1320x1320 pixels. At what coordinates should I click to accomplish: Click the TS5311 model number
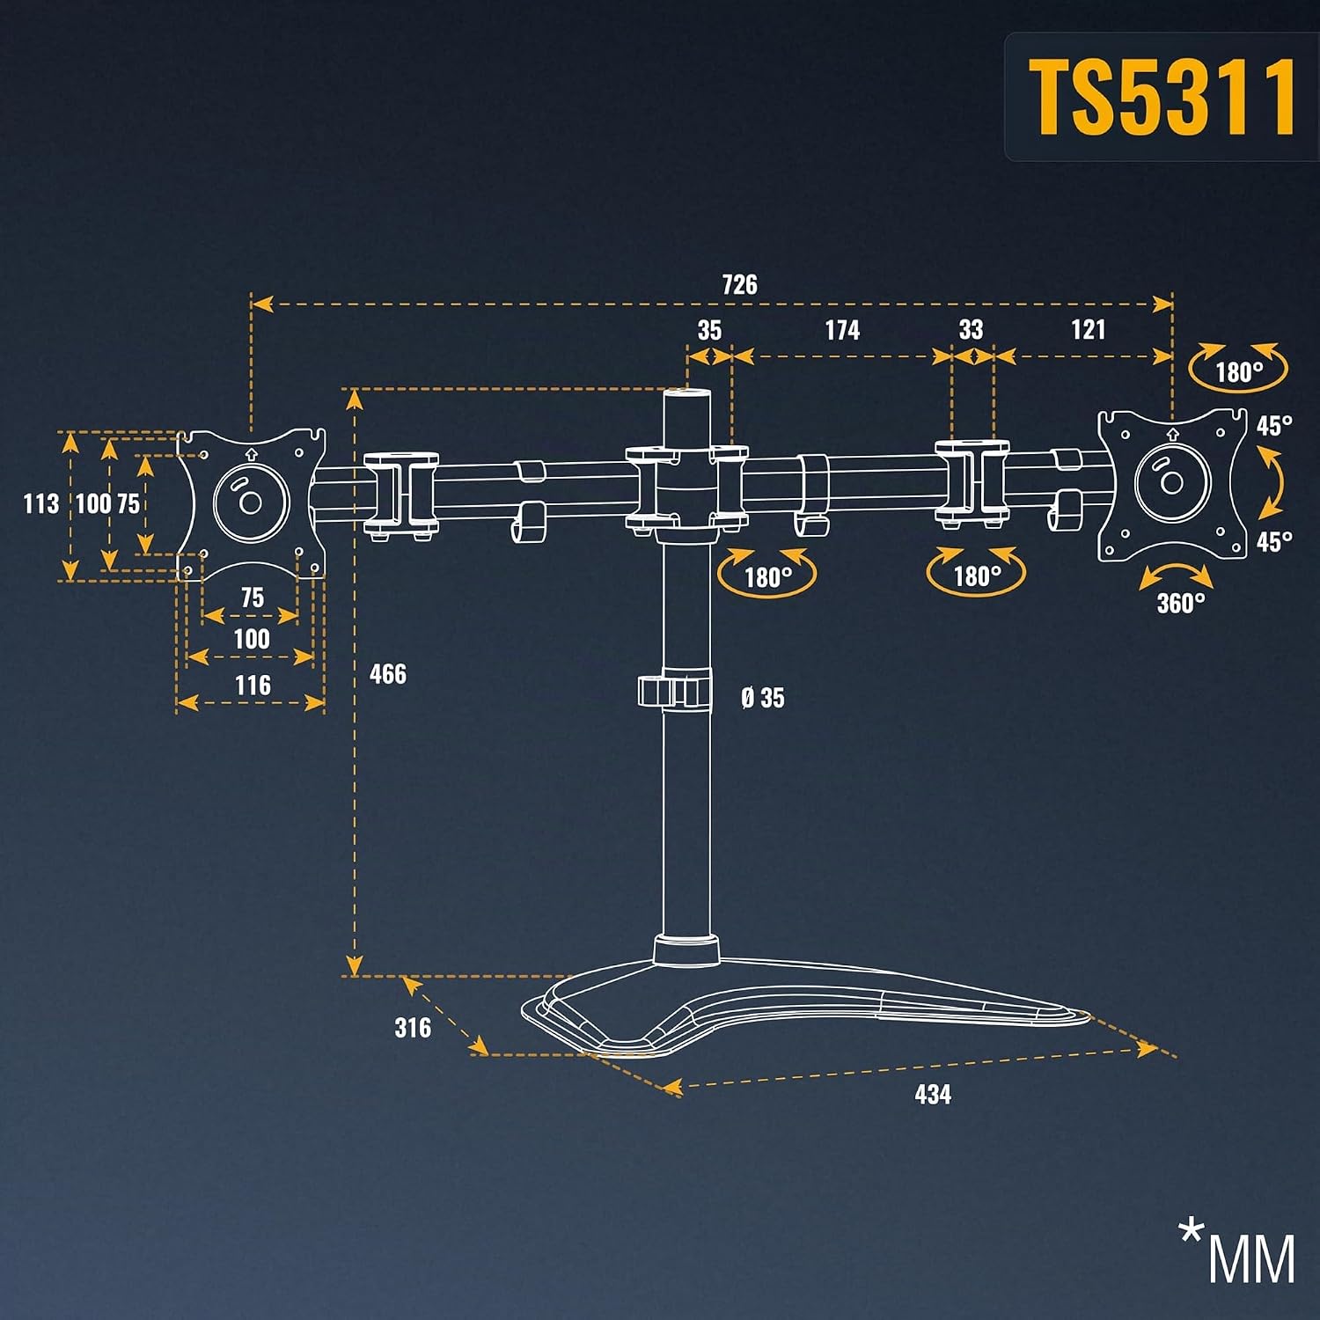(x=1162, y=98)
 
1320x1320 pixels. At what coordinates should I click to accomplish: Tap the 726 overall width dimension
(x=739, y=285)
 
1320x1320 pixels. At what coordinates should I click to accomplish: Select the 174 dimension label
(x=842, y=330)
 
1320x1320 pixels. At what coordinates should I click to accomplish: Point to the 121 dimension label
(x=1089, y=330)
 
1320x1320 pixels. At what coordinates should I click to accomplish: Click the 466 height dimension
(x=388, y=675)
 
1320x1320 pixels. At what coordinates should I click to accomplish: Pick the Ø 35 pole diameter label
(x=763, y=698)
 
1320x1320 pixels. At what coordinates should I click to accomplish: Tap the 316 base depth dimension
(x=413, y=1028)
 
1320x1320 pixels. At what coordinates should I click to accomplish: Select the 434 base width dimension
(x=933, y=1095)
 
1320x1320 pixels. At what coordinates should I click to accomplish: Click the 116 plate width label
(x=253, y=686)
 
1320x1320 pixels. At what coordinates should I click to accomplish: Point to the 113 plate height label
(x=40, y=504)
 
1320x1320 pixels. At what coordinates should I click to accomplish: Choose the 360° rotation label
(x=1181, y=604)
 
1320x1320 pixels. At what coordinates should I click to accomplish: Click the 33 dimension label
(x=971, y=330)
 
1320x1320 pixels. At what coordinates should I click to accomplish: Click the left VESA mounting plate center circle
(x=251, y=502)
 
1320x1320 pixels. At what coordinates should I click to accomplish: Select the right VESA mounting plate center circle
(x=1171, y=481)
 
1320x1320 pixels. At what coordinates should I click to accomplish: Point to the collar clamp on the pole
(x=675, y=690)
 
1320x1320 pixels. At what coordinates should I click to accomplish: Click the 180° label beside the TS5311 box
(x=1239, y=372)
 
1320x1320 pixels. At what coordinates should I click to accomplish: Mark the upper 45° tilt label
(x=1274, y=426)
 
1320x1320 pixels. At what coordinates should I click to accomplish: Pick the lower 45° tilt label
(x=1274, y=541)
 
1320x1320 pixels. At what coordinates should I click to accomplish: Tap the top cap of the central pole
(x=686, y=394)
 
